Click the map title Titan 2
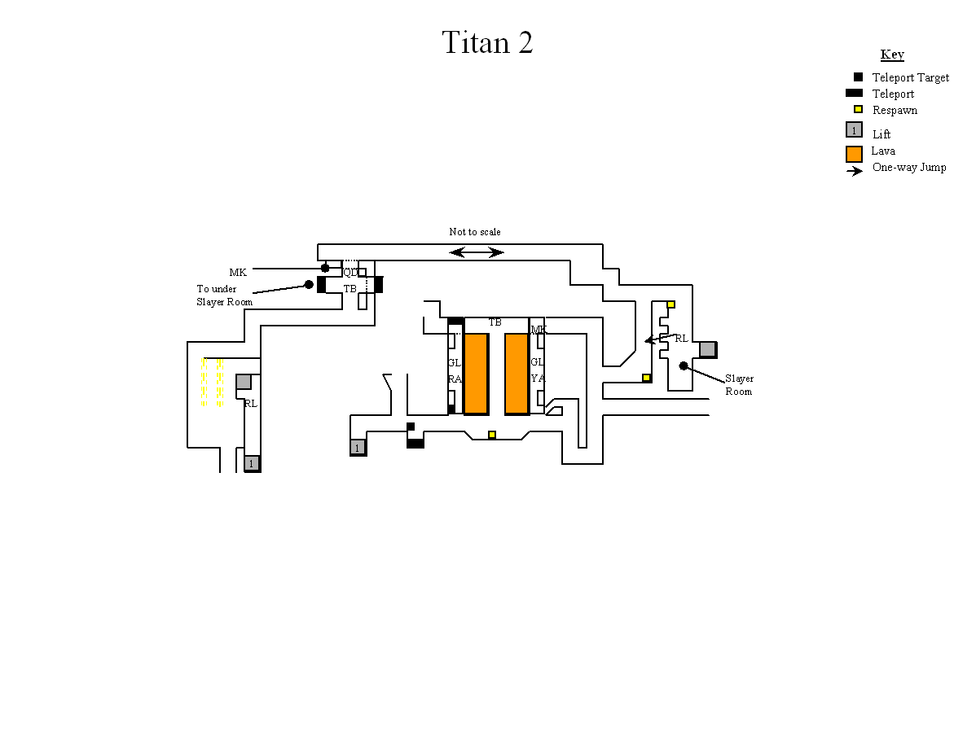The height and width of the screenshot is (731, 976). coord(487,42)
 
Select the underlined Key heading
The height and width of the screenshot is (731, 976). coord(892,55)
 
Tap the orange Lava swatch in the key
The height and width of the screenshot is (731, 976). coord(854,154)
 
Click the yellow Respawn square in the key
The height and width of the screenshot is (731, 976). coord(858,110)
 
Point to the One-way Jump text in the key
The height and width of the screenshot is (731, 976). coord(909,168)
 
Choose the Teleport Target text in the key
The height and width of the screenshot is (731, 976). coord(910,77)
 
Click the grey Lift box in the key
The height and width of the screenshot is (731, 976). coord(854,129)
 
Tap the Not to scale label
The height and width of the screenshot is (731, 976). coord(475,232)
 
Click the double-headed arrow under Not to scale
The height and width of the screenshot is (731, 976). coord(477,252)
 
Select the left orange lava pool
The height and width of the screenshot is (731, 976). coord(476,374)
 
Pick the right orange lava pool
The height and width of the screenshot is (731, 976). coord(517,374)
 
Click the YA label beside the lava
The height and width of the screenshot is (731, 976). coord(538,379)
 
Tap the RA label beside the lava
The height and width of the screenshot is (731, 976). coord(455,379)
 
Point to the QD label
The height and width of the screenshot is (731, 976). coord(350,273)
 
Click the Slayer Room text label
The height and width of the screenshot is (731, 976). coord(739,385)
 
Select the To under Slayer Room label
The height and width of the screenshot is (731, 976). coord(224,295)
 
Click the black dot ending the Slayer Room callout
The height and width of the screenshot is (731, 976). coord(684,365)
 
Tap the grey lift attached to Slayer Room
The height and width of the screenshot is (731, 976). coord(707,349)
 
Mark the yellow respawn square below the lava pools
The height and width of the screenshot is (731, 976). coord(492,435)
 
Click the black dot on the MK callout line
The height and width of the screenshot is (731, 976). coord(325,268)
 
